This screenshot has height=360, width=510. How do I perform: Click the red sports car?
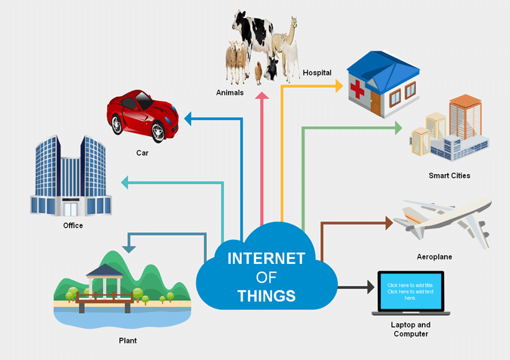click(x=142, y=114)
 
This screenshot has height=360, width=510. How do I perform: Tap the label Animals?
click(x=230, y=92)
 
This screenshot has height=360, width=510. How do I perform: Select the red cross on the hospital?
click(x=358, y=89)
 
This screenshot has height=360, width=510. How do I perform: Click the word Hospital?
click(x=317, y=73)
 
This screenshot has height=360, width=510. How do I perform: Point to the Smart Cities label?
click(x=449, y=176)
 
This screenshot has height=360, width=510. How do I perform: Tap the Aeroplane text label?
click(x=434, y=257)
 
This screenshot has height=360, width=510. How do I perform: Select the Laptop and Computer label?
click(x=411, y=329)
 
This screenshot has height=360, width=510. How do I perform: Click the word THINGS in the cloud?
click(x=266, y=295)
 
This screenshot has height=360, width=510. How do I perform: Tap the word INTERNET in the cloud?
click(x=266, y=259)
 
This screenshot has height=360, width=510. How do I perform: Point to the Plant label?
click(x=127, y=341)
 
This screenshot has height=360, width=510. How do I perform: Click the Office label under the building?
click(x=73, y=226)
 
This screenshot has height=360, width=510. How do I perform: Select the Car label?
click(x=142, y=153)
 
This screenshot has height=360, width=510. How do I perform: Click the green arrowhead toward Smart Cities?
click(x=398, y=127)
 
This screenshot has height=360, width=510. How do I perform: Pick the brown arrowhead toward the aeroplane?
click(x=388, y=223)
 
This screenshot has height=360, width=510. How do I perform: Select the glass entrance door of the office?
click(x=71, y=209)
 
